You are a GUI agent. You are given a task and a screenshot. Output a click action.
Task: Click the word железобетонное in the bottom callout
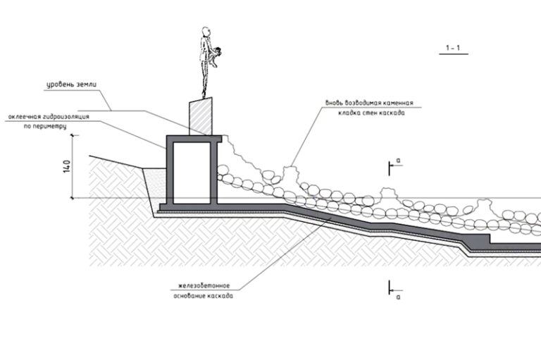click(204, 286)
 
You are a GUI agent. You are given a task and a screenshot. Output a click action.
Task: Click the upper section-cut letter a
click(399, 161)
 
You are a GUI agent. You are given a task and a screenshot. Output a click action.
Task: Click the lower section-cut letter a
click(399, 297)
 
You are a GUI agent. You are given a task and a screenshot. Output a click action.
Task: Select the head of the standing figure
click(205, 32)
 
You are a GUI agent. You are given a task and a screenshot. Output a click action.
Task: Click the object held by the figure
click(219, 51)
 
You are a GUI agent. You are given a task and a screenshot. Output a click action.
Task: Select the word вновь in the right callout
click(334, 101)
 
